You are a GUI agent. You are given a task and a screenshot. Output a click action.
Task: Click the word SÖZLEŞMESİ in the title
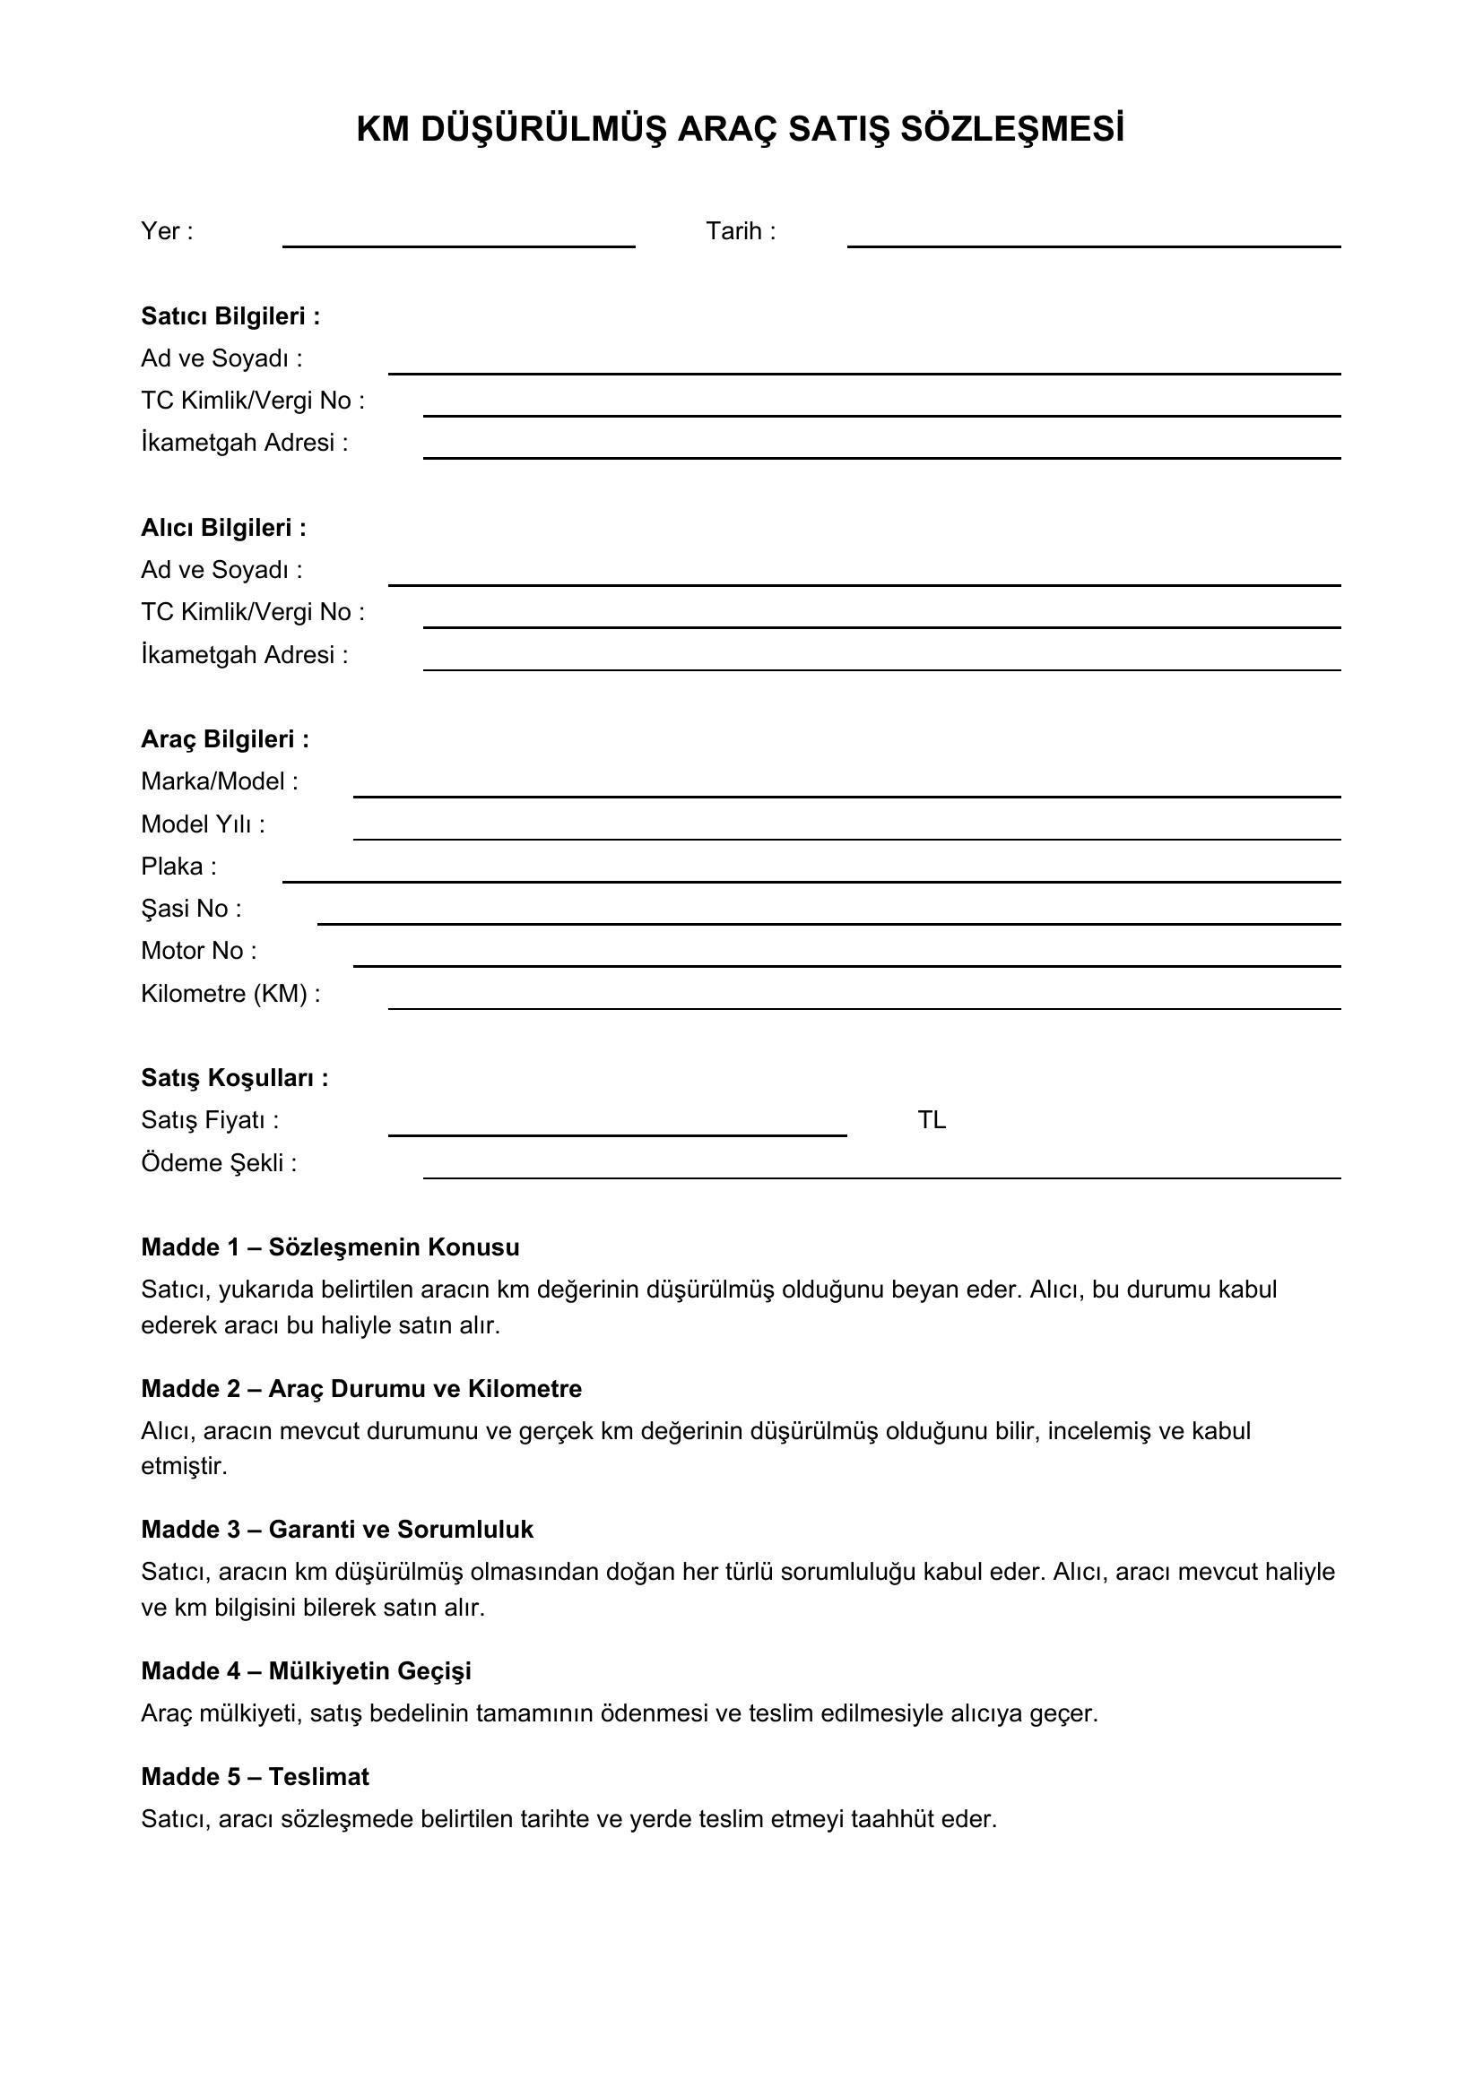pyautogui.click(x=1011, y=130)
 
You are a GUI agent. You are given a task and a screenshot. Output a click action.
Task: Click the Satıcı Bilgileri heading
pyautogui.click(x=230, y=315)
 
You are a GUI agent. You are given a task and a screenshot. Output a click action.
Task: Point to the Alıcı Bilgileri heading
pyautogui.click(x=224, y=528)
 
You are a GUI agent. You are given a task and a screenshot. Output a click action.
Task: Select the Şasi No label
pyautogui.click(x=191, y=909)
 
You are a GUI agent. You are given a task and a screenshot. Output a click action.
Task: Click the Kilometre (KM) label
pyautogui.click(x=230, y=993)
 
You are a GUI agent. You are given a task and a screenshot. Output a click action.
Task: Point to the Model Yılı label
pyautogui.click(x=203, y=824)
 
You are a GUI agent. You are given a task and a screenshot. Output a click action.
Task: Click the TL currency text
pyautogui.click(x=932, y=1120)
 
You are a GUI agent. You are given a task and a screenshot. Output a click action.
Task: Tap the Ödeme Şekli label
pyautogui.click(x=218, y=1163)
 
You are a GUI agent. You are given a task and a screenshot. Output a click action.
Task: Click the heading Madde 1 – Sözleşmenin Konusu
pyautogui.click(x=330, y=1247)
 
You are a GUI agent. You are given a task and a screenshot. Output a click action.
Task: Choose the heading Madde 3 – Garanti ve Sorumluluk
pyautogui.click(x=337, y=1529)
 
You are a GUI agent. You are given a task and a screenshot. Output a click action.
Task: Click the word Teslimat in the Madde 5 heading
pyautogui.click(x=318, y=1776)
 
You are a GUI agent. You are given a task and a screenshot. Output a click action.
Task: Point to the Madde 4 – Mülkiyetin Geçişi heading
pyautogui.click(x=306, y=1670)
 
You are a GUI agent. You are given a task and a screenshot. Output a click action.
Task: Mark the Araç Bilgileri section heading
pyautogui.click(x=225, y=739)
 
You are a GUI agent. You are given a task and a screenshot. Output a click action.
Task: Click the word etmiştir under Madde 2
pyautogui.click(x=184, y=1466)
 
